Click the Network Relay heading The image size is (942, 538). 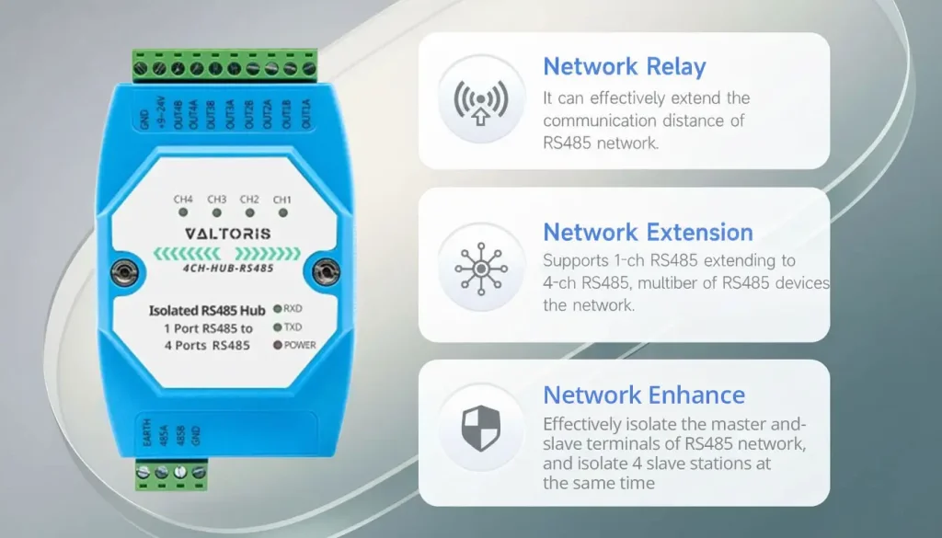point(625,66)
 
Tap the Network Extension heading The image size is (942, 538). point(648,233)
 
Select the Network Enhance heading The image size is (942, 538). point(644,395)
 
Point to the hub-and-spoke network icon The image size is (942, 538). point(480,269)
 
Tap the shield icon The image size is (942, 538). point(480,429)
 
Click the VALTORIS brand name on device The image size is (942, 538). point(228,234)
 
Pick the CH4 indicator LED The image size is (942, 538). point(183,212)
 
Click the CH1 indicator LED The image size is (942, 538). point(283,212)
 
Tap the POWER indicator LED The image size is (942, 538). point(278,345)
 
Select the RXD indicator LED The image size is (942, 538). point(278,309)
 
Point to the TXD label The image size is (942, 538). point(293,327)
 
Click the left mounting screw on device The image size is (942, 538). point(125,272)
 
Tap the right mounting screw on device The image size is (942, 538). point(327,271)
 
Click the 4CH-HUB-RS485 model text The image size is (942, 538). point(228,269)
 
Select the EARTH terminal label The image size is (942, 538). point(147,432)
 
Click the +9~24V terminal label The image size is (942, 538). point(161,111)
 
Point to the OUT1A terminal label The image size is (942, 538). point(306,113)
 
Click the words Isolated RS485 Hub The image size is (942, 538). point(207,311)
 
